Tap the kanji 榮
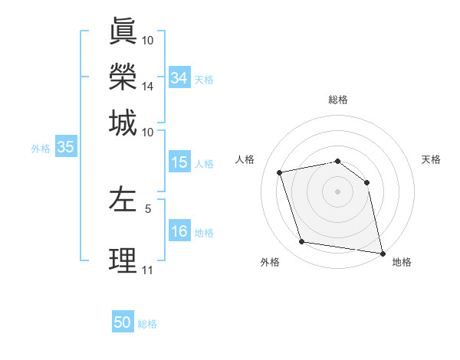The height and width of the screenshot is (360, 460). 123,77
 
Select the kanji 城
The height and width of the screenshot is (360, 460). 123,123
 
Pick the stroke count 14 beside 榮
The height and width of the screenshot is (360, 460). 148,87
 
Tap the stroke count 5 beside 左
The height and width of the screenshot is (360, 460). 148,207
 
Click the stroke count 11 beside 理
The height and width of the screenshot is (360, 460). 148,270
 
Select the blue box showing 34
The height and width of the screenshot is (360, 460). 179,78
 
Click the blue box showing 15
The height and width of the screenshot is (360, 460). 179,162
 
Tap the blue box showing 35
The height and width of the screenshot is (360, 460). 65,148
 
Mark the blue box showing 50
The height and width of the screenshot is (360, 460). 123,322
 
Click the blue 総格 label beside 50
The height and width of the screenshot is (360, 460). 147,324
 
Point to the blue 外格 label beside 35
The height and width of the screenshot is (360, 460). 41,149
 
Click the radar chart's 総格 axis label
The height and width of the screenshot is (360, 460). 337,100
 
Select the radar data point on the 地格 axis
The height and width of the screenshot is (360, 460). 381,252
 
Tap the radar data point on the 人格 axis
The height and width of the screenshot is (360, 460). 280,172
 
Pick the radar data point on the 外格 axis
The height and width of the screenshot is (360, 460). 302,242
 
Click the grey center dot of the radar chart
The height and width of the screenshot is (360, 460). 337,191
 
